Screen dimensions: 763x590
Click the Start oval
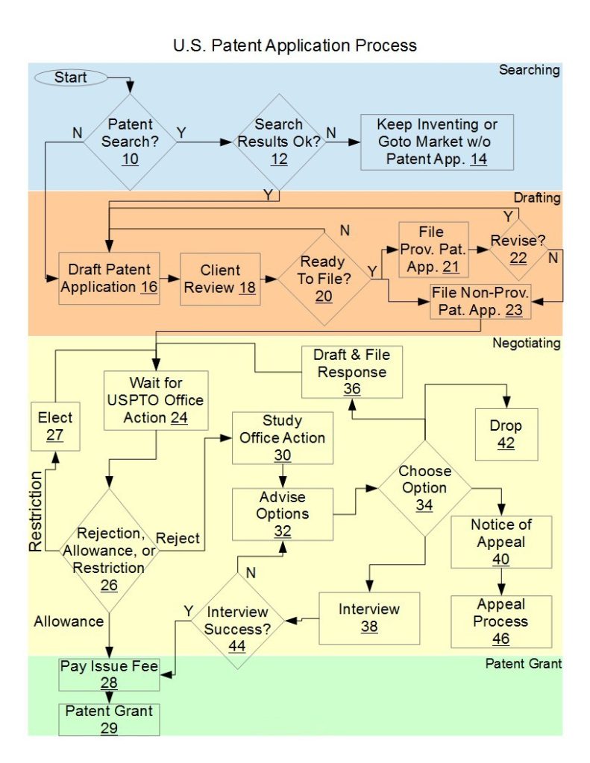coord(70,77)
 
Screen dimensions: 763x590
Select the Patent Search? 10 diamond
coord(130,141)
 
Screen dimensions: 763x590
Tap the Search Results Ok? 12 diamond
coord(279,141)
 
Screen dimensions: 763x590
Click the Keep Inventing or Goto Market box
coord(436,142)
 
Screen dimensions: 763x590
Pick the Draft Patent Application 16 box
coord(109,278)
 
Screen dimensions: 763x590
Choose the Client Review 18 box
coord(220,279)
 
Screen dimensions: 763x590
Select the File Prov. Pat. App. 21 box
coord(433,249)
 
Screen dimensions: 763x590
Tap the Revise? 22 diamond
coord(518,249)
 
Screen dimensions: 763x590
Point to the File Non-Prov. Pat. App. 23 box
coord(478,301)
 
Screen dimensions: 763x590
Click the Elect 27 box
coord(55,425)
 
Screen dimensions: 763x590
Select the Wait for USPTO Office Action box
coord(154,399)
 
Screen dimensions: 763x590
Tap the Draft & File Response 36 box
coord(351,370)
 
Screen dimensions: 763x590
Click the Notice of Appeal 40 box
coord(501,542)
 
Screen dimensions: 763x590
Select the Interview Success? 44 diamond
coord(237,621)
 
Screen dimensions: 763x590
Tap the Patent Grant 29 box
coord(109,718)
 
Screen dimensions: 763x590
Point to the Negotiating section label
coord(526,343)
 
